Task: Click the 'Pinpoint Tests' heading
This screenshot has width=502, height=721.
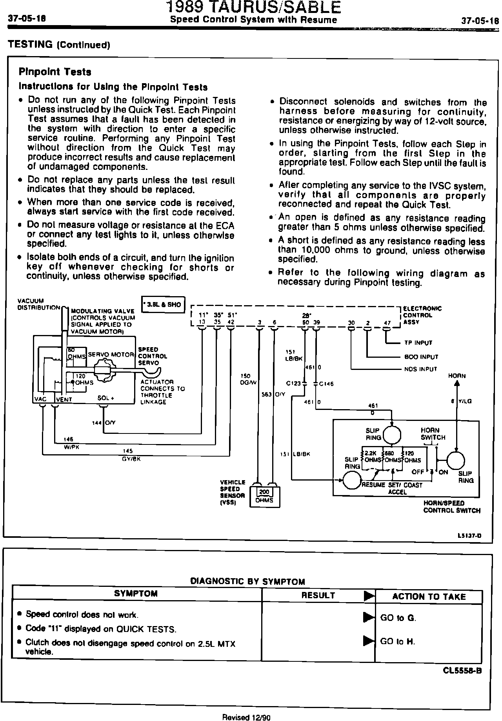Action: (55, 72)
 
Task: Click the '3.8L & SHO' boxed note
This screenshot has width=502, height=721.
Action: (163, 304)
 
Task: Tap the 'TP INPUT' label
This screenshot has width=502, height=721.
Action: (418, 343)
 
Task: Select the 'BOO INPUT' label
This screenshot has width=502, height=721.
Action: (421, 357)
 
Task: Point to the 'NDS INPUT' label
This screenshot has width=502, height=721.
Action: (420, 369)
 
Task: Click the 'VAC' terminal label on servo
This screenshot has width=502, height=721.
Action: (41, 399)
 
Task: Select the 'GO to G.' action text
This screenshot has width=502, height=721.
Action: (398, 618)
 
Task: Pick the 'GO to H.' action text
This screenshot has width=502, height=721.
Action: (398, 642)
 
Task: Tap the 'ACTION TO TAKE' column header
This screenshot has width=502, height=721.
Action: (429, 597)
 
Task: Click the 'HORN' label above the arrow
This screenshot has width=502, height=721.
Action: (457, 376)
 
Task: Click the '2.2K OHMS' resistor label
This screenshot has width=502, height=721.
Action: (370, 457)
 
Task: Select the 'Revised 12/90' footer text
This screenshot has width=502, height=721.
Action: (246, 717)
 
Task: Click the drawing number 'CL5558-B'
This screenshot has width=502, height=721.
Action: (462, 670)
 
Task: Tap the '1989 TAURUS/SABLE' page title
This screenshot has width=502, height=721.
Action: (253, 8)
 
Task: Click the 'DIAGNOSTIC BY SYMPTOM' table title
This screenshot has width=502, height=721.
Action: (247, 581)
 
